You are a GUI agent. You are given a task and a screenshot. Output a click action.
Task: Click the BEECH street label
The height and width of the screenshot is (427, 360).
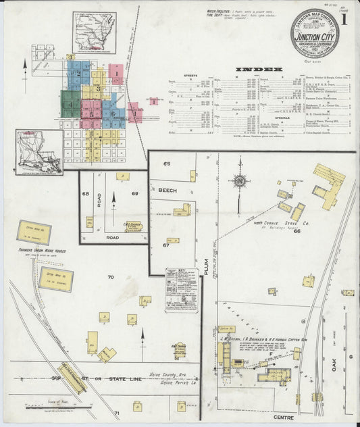168,191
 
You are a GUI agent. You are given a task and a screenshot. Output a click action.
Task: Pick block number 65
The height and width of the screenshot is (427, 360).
165,164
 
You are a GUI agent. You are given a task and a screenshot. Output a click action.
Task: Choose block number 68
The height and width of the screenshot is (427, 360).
86,195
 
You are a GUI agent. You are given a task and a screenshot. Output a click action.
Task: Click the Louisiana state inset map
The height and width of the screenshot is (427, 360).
38,153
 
